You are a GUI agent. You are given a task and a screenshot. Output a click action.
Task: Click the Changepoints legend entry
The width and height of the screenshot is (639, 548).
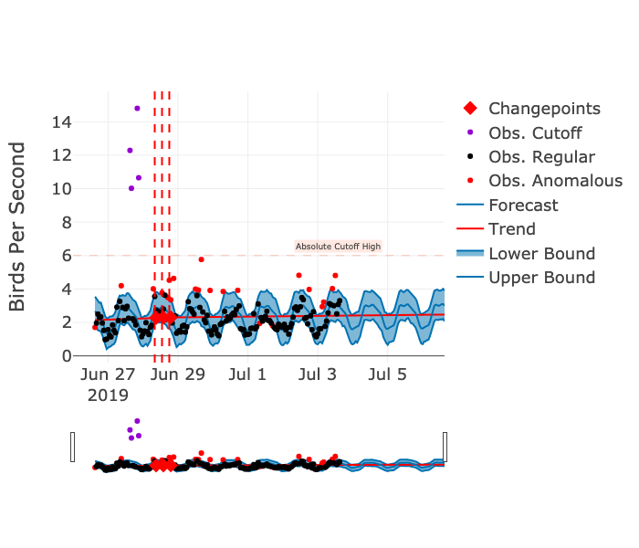(x=544, y=109)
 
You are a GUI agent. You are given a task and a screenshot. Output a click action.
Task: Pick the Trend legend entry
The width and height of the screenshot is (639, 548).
(x=511, y=229)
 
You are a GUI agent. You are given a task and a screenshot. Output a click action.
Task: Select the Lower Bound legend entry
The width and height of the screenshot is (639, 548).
(x=541, y=254)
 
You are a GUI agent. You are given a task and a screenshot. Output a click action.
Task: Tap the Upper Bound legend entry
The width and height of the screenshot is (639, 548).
(x=541, y=278)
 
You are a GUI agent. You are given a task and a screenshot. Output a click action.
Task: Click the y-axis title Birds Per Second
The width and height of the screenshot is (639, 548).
(x=17, y=227)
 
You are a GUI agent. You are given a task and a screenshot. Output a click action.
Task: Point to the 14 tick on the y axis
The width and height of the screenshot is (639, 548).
(x=61, y=121)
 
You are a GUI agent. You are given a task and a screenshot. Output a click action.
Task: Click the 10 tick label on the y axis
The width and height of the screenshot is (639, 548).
(x=61, y=189)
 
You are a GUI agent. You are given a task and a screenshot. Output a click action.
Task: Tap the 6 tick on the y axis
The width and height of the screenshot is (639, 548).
(x=66, y=256)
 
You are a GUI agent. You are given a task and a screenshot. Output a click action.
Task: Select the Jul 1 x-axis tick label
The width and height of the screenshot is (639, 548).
(x=247, y=374)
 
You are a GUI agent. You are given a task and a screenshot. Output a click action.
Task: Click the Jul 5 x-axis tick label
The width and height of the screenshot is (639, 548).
(x=388, y=374)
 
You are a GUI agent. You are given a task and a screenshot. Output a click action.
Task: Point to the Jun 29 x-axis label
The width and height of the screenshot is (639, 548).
(x=178, y=374)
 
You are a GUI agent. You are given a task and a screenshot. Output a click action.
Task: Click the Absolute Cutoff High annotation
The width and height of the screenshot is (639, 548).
(x=338, y=247)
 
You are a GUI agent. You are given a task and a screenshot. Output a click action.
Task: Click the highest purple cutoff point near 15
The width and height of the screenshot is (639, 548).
(x=137, y=108)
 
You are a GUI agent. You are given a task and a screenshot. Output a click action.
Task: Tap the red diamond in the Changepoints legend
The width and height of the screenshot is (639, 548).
(x=470, y=109)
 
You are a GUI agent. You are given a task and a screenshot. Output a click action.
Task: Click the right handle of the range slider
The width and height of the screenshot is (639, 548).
(x=445, y=447)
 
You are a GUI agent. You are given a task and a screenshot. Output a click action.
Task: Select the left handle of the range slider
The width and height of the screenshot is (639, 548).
(x=73, y=447)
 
